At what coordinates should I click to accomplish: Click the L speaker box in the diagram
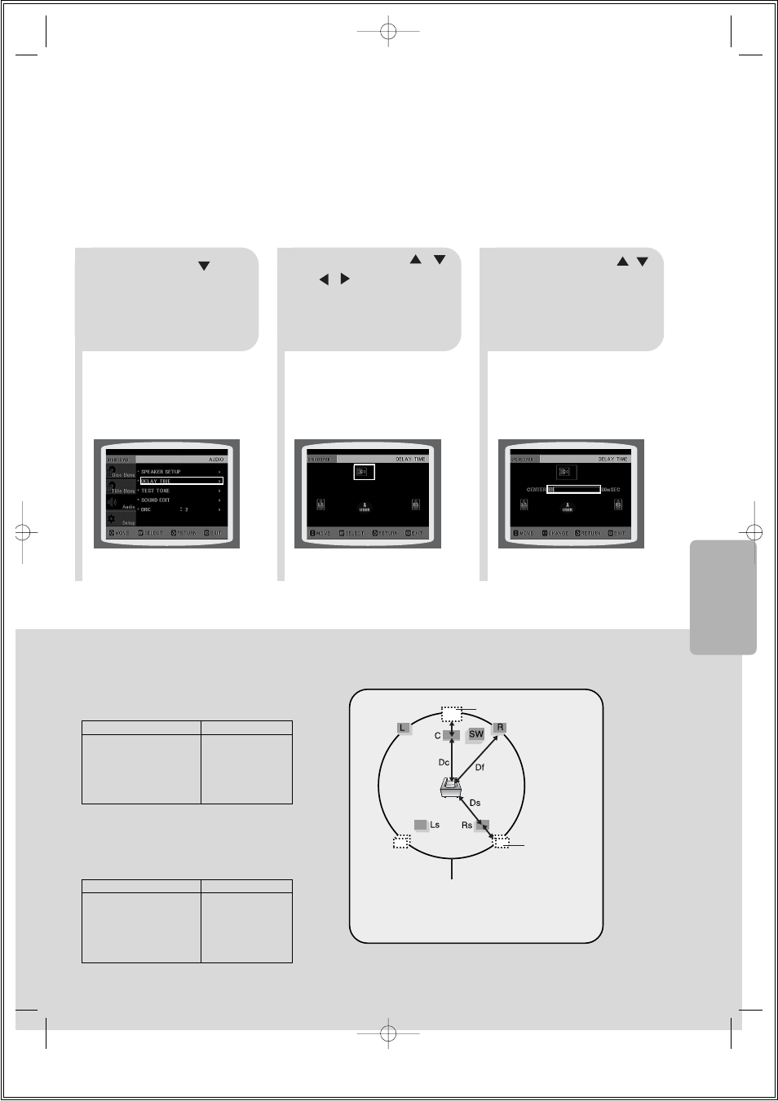click(x=403, y=728)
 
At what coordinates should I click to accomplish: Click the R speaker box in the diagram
click(x=500, y=728)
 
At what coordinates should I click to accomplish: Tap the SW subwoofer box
click(x=476, y=734)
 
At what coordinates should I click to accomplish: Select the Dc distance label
click(x=444, y=763)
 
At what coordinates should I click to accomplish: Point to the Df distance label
click(x=480, y=768)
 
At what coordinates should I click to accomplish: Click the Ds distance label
click(x=475, y=804)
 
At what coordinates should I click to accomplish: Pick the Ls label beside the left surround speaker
click(x=435, y=825)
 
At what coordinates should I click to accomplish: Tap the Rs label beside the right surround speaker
click(x=467, y=826)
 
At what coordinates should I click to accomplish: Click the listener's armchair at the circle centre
click(x=451, y=787)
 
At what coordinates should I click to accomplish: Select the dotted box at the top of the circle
click(x=452, y=715)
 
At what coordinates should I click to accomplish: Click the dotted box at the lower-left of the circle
click(x=401, y=843)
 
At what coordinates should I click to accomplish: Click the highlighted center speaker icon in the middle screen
click(x=364, y=472)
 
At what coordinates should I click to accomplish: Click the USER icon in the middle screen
click(x=365, y=507)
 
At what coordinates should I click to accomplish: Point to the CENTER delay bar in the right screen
click(x=574, y=490)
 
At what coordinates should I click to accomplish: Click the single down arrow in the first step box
click(x=204, y=266)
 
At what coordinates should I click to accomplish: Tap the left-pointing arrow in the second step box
click(x=324, y=280)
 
